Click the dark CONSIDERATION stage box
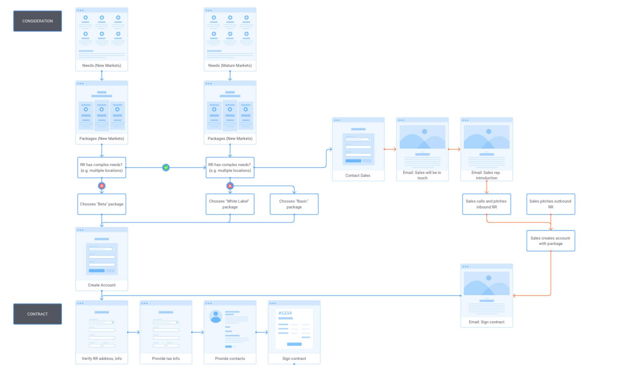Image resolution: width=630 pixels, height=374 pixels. pos(38,21)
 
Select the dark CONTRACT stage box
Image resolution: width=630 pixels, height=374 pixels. pos(38,314)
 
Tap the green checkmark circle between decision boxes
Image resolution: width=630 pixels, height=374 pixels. pos(166,168)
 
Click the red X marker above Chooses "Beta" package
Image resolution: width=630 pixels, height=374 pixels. pos(102,186)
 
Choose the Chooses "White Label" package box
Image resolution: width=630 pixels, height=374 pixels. pos(230,204)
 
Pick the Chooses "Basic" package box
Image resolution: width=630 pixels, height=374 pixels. pos(294,204)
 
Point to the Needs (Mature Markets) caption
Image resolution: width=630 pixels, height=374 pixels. pos(230,65)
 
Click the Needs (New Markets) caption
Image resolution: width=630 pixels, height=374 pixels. pos(102,65)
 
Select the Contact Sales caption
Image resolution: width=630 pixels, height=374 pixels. pos(358,175)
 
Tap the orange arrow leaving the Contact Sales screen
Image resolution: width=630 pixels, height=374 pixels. pos(390,149)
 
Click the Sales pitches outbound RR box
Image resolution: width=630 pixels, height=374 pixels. pos(550,204)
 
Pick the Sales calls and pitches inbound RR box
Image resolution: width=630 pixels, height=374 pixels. pos(486,204)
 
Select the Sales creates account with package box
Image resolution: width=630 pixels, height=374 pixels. pos(550,241)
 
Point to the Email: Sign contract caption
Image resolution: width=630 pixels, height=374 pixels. pos(486,322)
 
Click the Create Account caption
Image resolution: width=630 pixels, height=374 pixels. pos(102,285)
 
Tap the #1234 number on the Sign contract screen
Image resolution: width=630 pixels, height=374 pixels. pos(285,313)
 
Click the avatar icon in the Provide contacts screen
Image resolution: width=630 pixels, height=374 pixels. pos(215,316)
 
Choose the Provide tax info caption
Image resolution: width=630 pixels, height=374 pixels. pos(166,359)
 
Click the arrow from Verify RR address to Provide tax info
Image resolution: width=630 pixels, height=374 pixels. pos(134,332)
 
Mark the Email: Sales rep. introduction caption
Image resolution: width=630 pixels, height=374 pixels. pos(486,175)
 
